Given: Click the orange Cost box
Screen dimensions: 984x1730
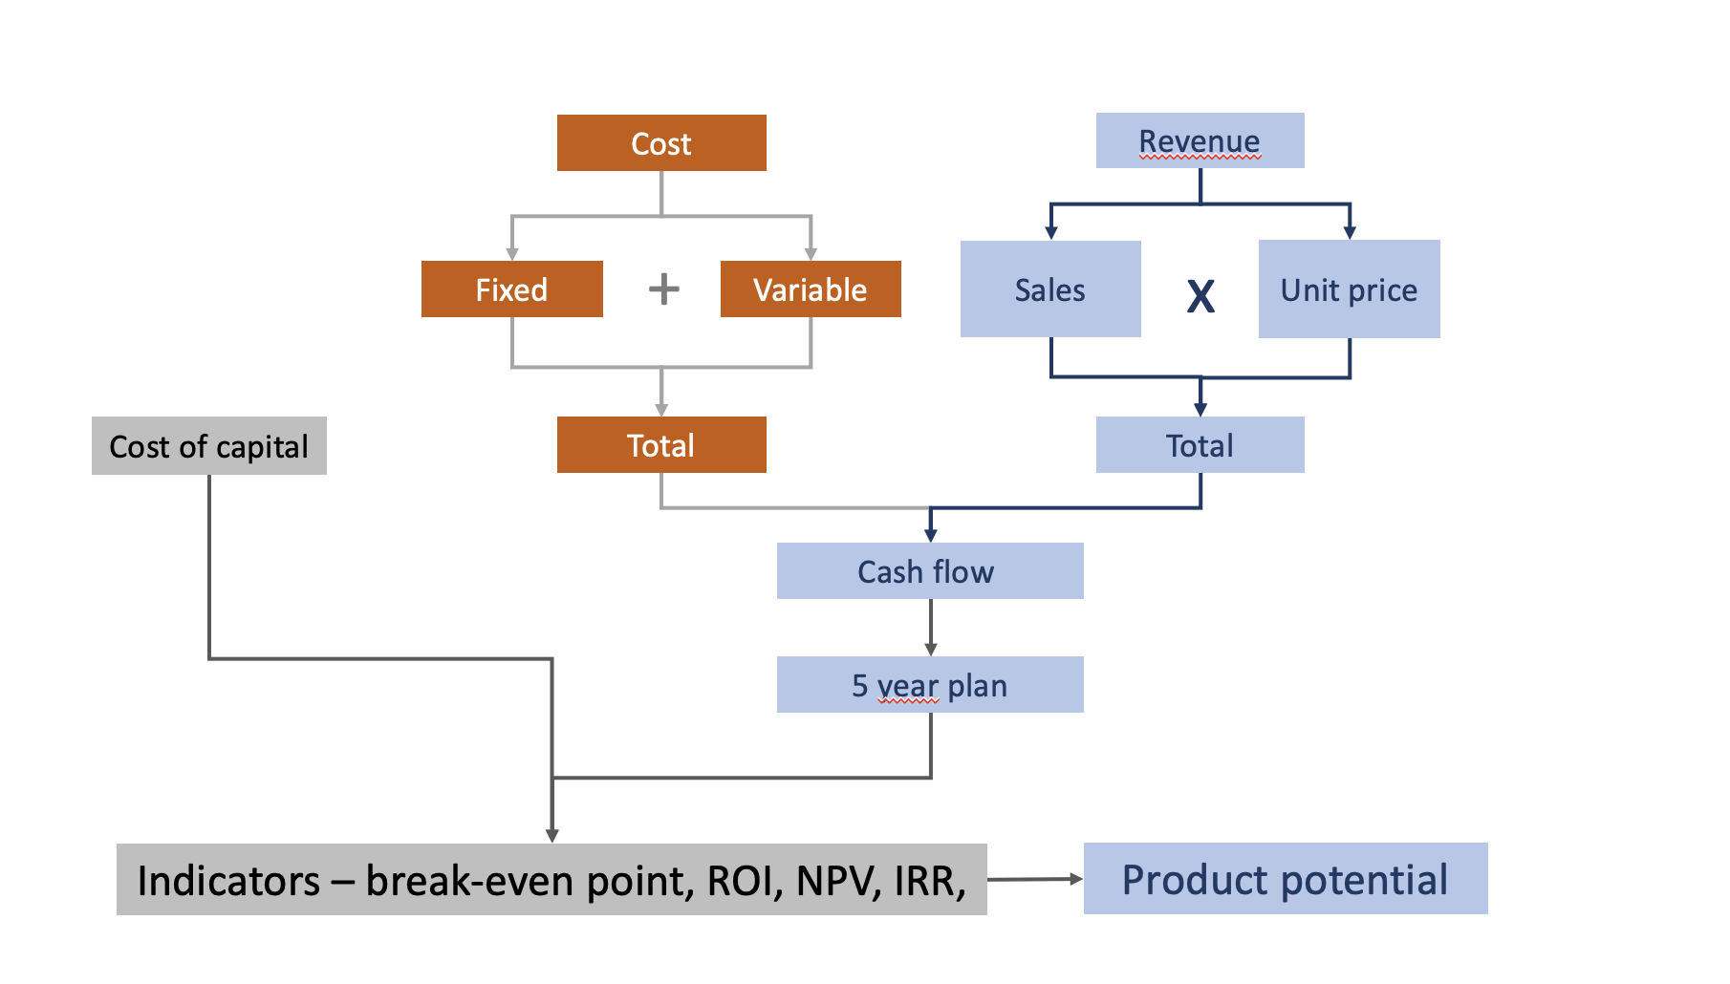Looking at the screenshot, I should pos(661,143).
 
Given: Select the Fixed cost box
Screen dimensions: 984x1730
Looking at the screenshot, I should pos(511,289).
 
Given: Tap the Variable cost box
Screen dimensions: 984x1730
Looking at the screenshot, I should pos(811,289).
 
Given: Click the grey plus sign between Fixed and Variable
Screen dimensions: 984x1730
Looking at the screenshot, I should pos(664,289).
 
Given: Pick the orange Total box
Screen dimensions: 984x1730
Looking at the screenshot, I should pos(661,445).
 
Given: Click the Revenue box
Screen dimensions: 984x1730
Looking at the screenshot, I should pos(1200,141).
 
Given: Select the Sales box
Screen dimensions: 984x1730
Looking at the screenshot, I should pos(1050,289).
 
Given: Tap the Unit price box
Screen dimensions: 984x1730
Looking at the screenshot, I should pos(1349,289).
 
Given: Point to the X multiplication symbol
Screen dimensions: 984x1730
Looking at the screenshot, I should pos(1200,296).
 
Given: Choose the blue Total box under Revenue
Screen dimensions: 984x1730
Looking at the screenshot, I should pos(1200,445).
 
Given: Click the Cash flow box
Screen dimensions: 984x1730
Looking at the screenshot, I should pos(929,571).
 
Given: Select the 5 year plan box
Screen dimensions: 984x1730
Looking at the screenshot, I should pos(929,685).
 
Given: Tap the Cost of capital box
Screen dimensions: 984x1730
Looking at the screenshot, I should pos(208,446).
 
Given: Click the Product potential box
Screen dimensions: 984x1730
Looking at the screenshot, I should pos(1285,879).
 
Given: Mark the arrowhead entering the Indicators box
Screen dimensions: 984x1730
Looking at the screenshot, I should pos(552,835).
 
